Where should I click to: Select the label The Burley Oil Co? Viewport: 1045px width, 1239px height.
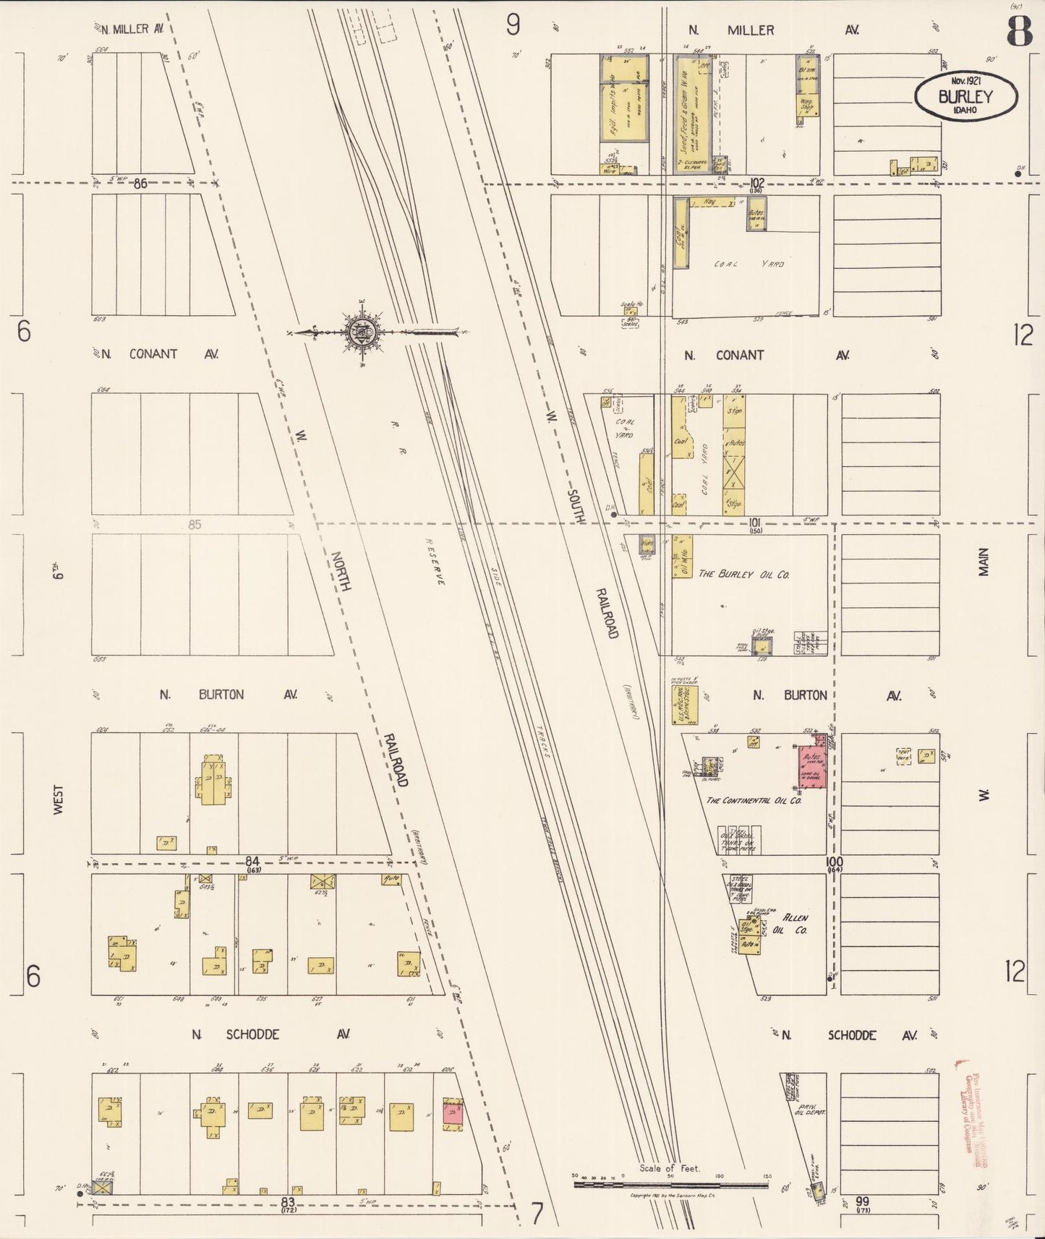(x=743, y=574)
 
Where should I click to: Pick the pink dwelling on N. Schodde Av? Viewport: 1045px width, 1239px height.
(x=453, y=1114)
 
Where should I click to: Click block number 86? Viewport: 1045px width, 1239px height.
(x=140, y=184)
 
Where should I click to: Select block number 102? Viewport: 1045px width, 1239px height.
(x=757, y=184)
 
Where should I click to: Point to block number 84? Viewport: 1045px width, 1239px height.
(x=252, y=861)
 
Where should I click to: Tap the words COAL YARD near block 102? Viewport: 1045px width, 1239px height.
(x=749, y=265)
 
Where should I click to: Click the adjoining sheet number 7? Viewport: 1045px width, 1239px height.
(x=537, y=1215)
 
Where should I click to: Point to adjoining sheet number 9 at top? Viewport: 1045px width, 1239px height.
(x=513, y=26)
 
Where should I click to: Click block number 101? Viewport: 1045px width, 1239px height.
(x=756, y=522)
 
